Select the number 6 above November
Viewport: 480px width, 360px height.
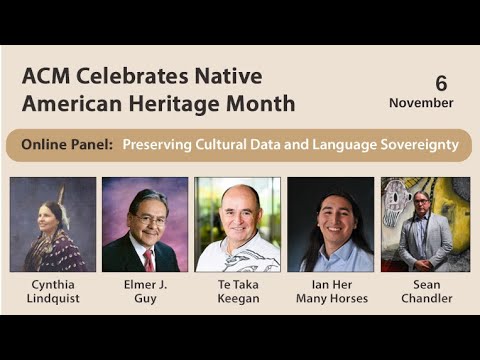(441, 83)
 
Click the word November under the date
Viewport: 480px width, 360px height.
(421, 102)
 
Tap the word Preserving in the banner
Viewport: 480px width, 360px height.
(156, 145)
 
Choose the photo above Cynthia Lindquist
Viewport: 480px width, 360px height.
(53, 224)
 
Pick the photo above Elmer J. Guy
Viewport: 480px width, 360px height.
(145, 224)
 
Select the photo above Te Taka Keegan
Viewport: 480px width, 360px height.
(238, 224)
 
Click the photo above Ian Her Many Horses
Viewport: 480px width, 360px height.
(330, 224)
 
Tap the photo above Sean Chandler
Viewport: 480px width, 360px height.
(425, 224)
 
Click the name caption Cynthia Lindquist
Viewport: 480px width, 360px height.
(53, 290)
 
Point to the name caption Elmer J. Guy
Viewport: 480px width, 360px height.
(145, 290)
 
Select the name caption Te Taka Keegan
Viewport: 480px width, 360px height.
(238, 290)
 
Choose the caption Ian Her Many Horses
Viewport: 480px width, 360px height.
(331, 290)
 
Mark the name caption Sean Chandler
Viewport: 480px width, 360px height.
(425, 290)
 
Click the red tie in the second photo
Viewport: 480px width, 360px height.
(149, 259)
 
